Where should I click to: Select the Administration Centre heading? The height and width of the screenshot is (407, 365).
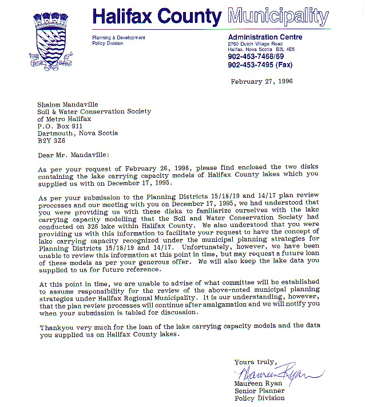tap(265, 37)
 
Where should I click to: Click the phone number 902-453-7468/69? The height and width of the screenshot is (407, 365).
tap(255, 57)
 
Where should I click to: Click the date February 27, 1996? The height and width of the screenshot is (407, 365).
tap(261, 81)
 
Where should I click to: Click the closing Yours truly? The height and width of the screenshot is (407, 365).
tap(255, 362)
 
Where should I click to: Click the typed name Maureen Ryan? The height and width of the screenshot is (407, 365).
tap(258, 383)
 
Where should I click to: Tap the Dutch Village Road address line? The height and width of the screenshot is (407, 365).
tap(255, 44)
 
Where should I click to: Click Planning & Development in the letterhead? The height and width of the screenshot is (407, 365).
tap(118, 37)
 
